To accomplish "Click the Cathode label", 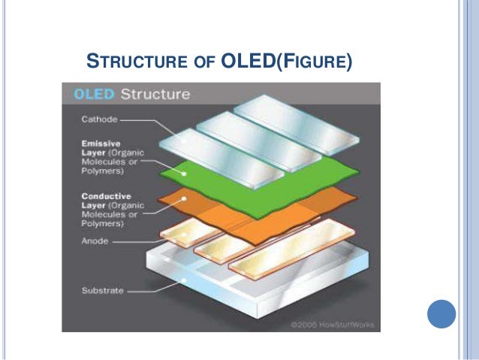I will [x=98, y=119].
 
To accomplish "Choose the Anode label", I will [x=94, y=241].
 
